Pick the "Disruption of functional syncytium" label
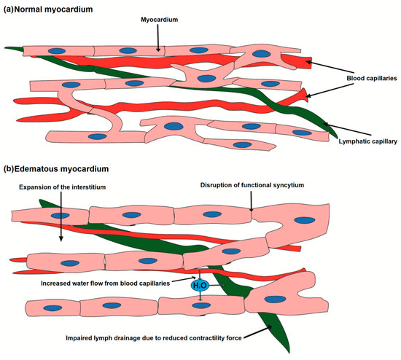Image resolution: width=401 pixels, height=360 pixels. point(251,184)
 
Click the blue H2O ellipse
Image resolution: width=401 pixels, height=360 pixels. point(200,286)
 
